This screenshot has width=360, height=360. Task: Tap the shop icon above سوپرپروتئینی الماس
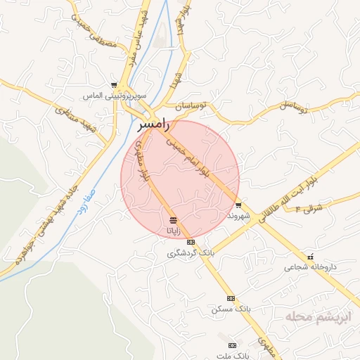(x=113, y=84)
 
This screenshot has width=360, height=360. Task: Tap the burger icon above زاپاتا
(x=173, y=220)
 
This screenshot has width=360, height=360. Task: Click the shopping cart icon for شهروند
(x=239, y=205)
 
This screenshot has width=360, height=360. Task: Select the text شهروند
(x=239, y=216)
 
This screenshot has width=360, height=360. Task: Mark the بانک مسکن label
(x=231, y=309)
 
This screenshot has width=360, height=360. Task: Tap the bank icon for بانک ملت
(x=232, y=345)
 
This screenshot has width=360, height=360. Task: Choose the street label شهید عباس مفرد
(x=136, y=35)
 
